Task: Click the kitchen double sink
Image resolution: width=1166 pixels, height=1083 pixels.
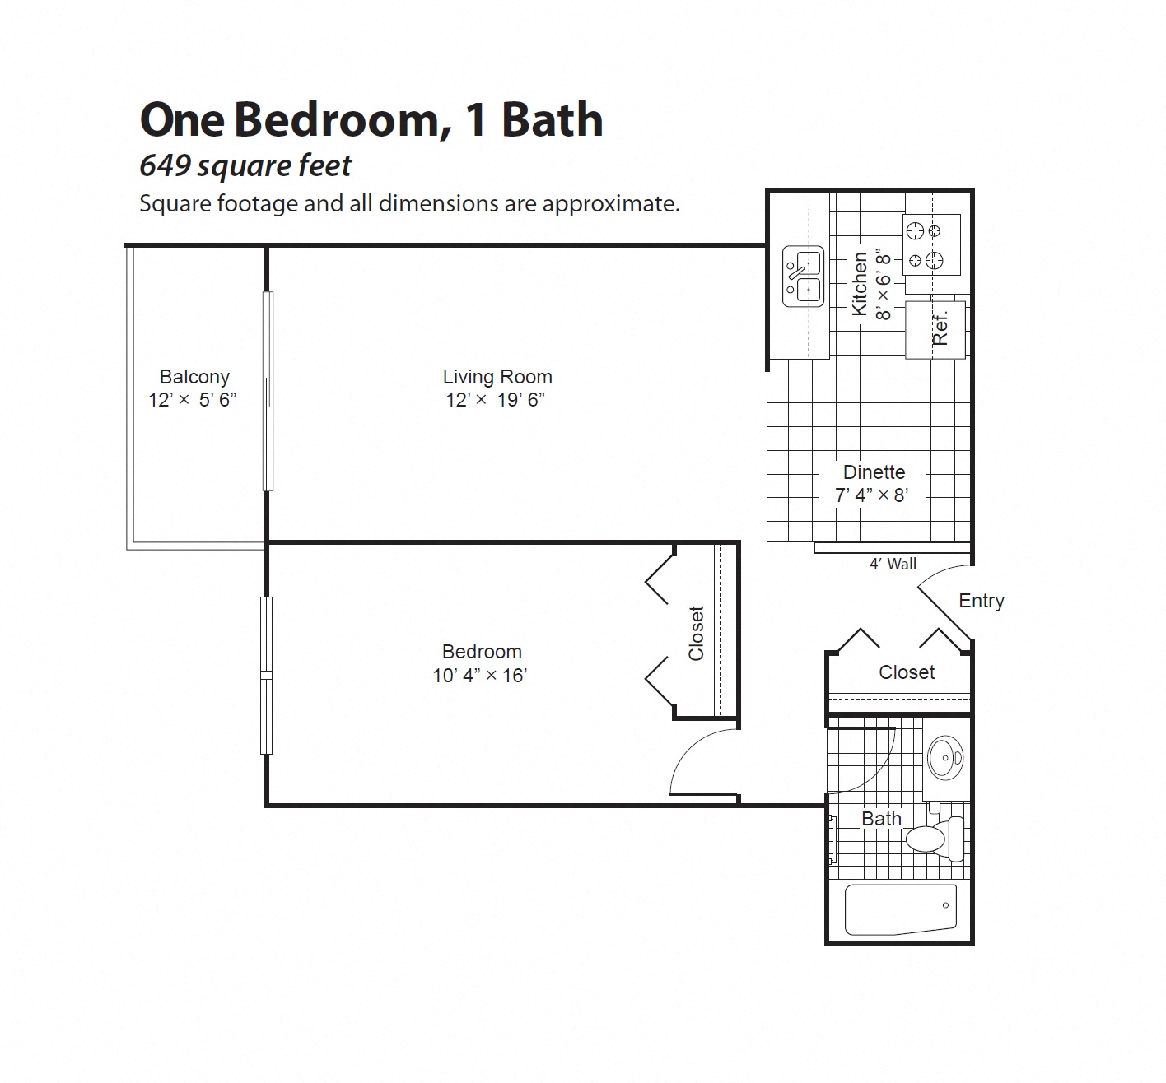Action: tap(803, 277)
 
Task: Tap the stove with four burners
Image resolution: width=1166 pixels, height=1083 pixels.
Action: tap(931, 245)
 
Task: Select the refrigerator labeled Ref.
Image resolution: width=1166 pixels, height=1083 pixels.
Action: tap(935, 330)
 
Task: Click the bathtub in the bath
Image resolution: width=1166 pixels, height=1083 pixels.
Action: tap(901, 909)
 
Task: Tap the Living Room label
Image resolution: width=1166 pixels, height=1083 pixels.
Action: tap(497, 377)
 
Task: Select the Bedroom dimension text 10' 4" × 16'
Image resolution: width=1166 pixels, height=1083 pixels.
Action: tap(480, 676)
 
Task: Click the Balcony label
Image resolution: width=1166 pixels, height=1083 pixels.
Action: tap(194, 377)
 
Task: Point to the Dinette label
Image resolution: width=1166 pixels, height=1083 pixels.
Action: tap(874, 472)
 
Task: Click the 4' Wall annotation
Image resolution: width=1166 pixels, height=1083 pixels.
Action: tap(893, 565)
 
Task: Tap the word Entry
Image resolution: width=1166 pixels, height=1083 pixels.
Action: tap(981, 601)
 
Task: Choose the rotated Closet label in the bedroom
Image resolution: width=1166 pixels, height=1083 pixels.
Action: tap(697, 633)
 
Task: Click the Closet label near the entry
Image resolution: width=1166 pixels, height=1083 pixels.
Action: tap(907, 672)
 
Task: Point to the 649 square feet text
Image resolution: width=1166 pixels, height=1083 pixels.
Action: tap(245, 166)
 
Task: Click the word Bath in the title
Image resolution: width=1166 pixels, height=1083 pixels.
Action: tap(552, 120)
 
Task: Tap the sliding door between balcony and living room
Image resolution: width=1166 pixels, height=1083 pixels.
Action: tap(268, 392)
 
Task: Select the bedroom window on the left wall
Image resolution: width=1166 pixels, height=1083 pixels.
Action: tap(266, 675)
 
